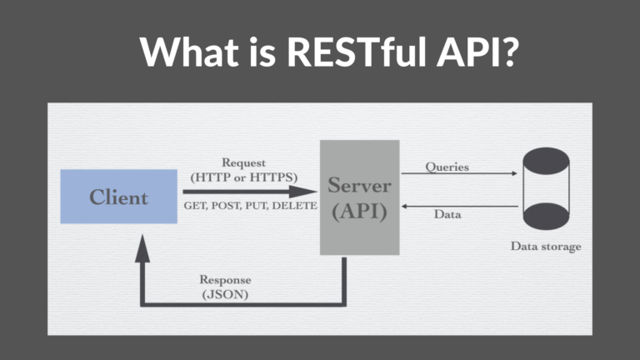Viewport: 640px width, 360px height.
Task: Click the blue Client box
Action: click(x=118, y=197)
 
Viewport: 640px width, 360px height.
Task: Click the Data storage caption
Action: click(x=546, y=247)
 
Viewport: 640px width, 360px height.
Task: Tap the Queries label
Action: click(x=447, y=167)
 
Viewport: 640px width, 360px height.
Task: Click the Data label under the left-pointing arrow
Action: click(x=447, y=214)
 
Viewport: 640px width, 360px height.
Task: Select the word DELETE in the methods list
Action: click(x=296, y=206)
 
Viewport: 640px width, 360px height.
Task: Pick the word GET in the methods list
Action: click(x=194, y=206)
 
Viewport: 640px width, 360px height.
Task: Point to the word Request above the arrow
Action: click(x=243, y=162)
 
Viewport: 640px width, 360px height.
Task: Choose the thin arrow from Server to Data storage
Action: click(x=458, y=174)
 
